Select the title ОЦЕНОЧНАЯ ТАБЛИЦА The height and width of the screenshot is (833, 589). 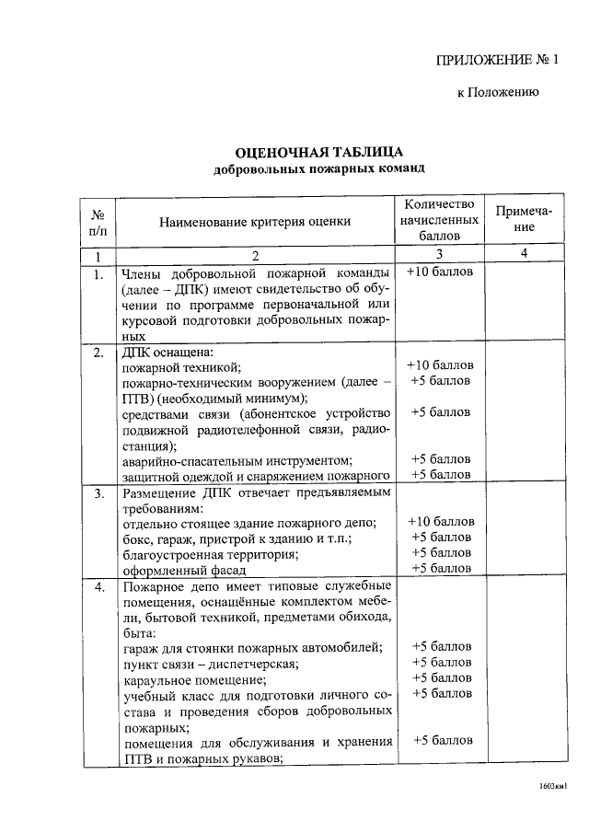(319, 152)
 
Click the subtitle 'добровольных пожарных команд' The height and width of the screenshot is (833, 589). (319, 170)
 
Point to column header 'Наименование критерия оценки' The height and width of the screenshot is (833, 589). (255, 221)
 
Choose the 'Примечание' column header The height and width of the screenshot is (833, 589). (523, 219)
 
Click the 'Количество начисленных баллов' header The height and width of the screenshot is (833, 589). (440, 220)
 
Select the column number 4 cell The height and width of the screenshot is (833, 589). (523, 254)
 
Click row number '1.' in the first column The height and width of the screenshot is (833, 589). (97, 273)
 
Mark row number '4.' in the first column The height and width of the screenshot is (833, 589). (97, 586)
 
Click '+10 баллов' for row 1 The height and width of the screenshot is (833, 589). (440, 273)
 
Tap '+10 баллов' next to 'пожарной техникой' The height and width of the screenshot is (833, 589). (440, 366)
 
